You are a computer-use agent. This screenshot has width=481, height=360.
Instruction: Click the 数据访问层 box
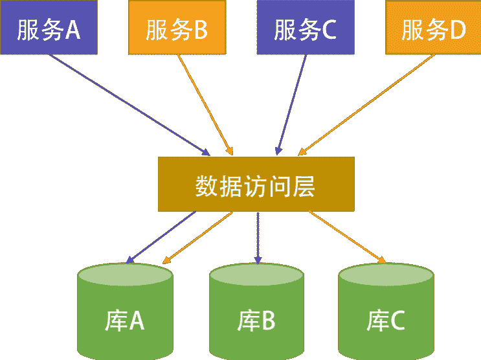[256, 184]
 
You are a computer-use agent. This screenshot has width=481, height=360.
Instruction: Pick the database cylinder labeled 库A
[126, 311]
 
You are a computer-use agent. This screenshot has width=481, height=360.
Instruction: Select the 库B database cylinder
[256, 311]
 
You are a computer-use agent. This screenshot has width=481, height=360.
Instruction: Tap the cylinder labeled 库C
[386, 311]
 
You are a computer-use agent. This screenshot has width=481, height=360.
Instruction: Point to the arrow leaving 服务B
[204, 104]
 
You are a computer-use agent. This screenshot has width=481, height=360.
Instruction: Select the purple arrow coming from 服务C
[291, 104]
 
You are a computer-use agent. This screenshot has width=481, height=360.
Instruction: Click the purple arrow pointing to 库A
[162, 237]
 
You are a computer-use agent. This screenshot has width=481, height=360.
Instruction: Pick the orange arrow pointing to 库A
[197, 238]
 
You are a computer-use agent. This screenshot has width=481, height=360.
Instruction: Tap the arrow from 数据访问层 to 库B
[258, 237]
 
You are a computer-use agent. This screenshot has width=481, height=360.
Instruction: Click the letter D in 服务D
[458, 30]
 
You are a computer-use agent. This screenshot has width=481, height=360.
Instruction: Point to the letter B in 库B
[269, 321]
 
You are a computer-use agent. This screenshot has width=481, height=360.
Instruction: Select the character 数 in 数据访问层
[206, 186]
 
